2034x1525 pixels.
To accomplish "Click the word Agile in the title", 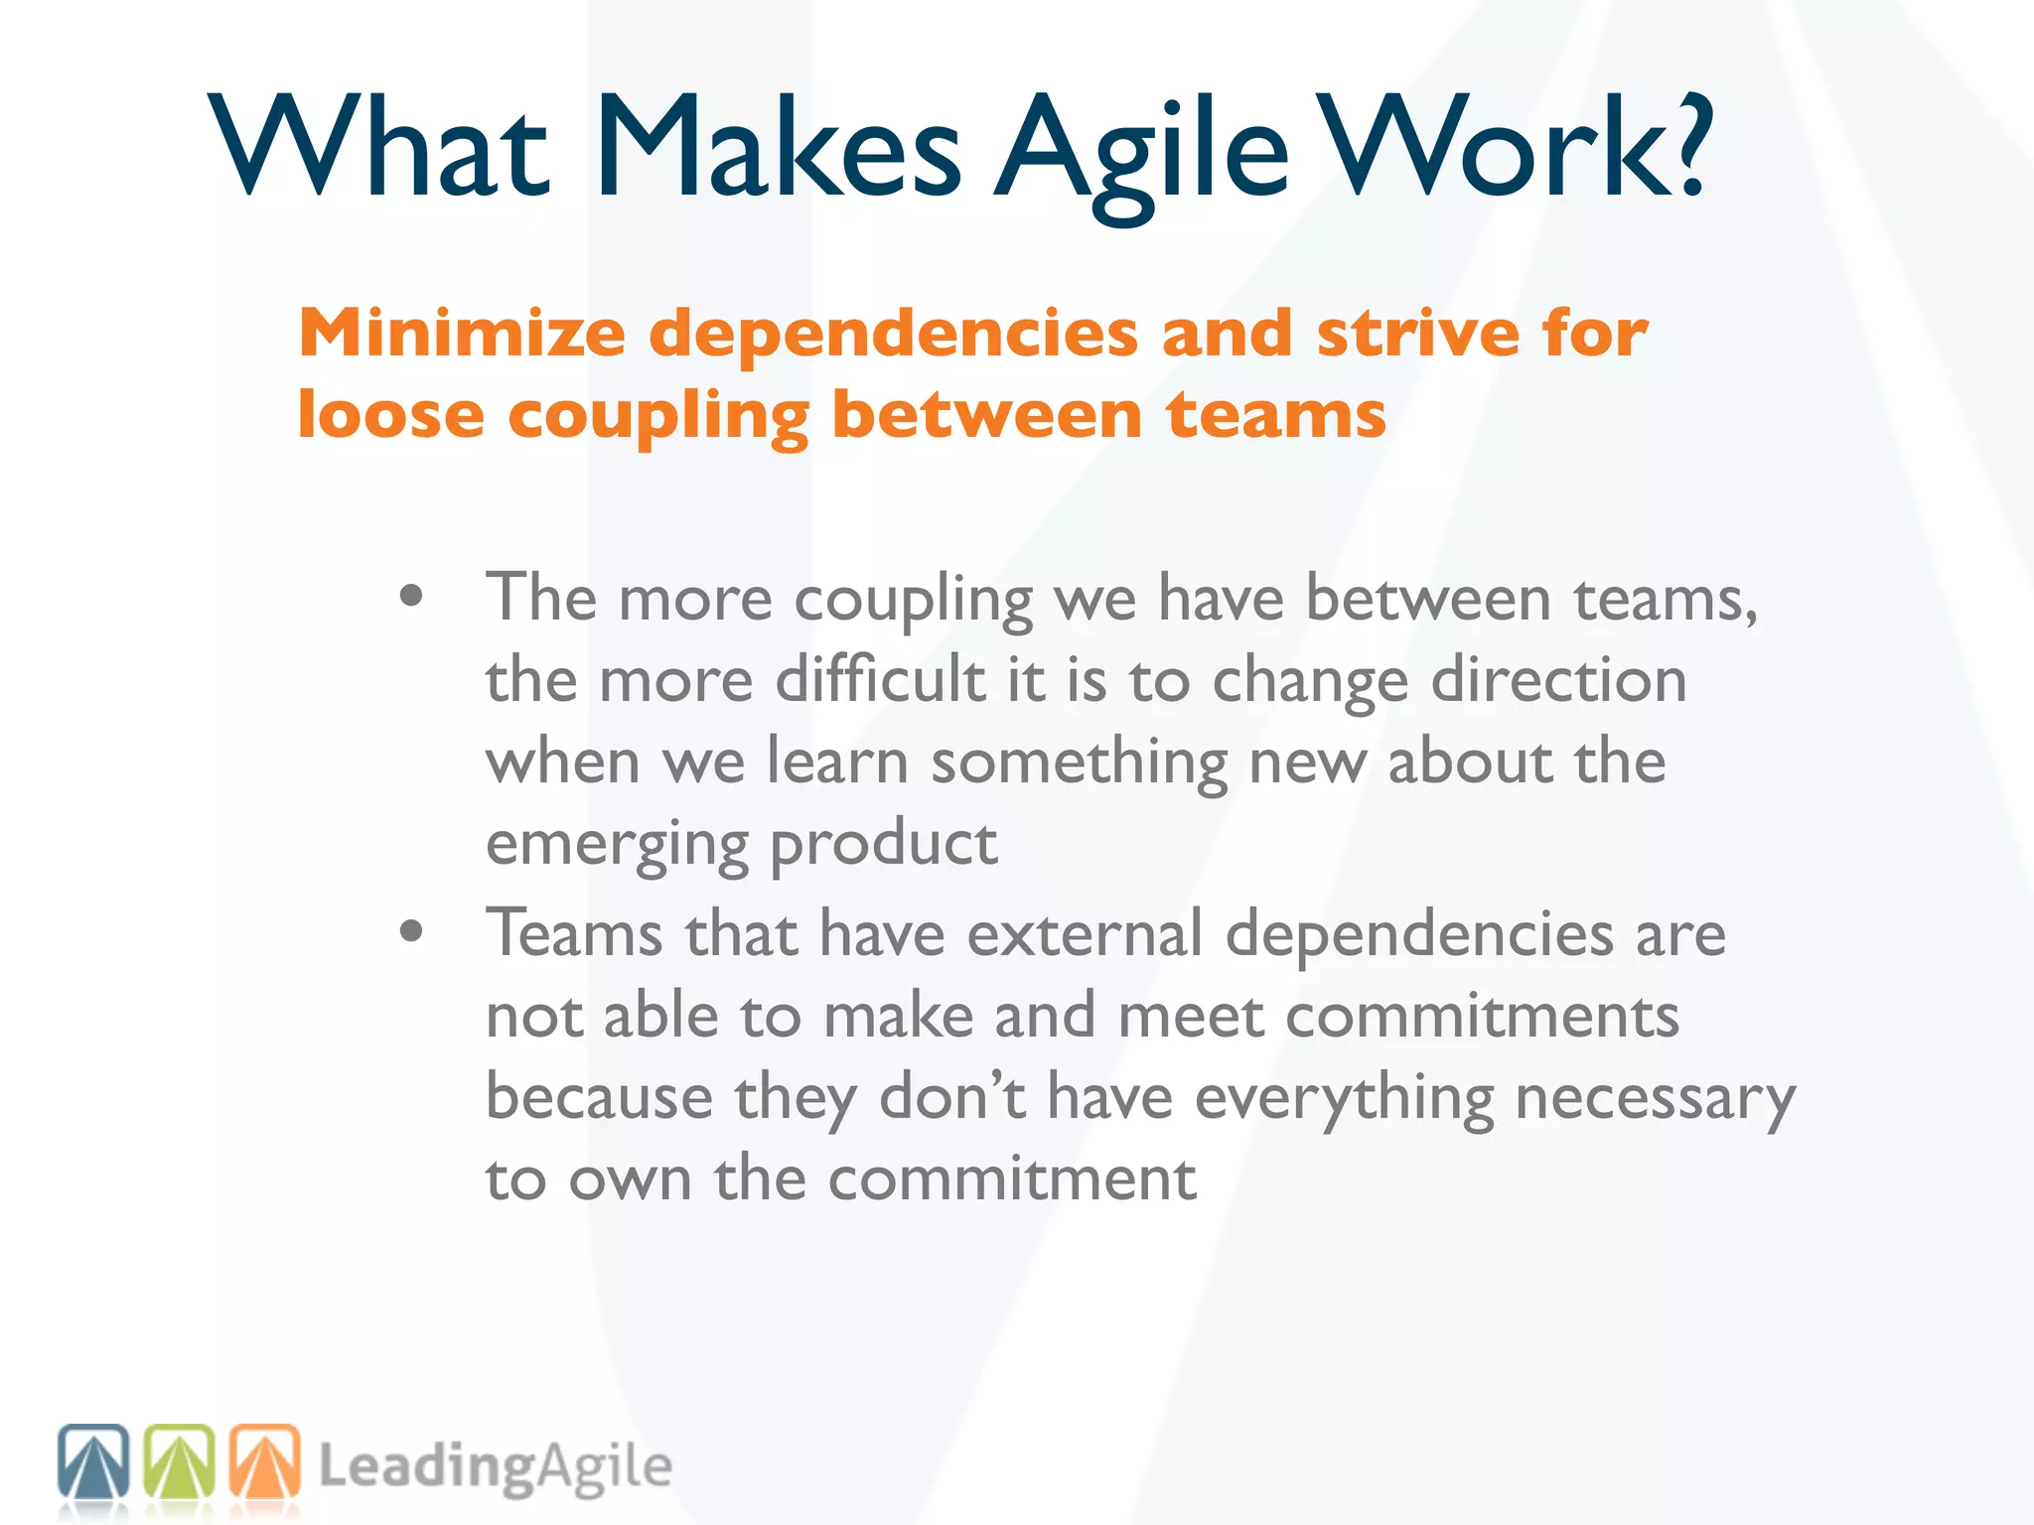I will point(1142,149).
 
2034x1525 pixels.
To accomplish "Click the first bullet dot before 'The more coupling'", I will point(411,597).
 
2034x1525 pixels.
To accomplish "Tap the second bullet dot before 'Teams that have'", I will point(411,932).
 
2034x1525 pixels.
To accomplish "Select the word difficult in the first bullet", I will point(880,681).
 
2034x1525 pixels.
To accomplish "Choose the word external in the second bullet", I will point(1085,934).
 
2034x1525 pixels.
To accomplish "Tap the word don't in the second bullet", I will point(952,1098).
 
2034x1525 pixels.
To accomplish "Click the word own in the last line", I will point(630,1180).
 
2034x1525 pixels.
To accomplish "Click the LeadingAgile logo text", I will point(495,1467).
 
